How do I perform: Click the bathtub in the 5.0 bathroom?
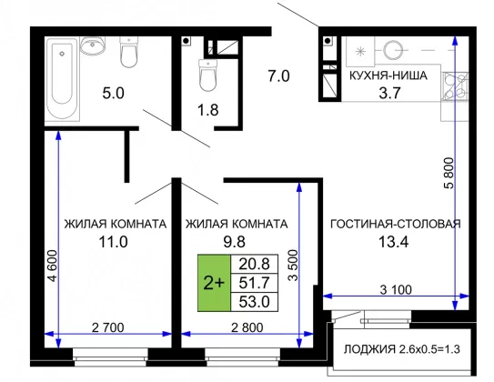(x=63, y=79)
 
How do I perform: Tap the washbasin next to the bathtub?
(x=92, y=45)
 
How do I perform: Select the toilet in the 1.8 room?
(x=208, y=75)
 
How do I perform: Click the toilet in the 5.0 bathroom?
(x=129, y=52)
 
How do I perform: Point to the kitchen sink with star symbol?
(x=360, y=51)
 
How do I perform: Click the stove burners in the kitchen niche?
(x=454, y=86)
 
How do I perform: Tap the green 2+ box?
(x=214, y=283)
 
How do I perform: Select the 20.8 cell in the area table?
(x=254, y=264)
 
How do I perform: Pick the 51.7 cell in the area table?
(x=254, y=283)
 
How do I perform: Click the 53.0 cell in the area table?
(x=254, y=302)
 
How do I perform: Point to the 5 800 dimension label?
(x=449, y=173)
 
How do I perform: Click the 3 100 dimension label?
(x=396, y=289)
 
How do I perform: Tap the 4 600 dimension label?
(x=52, y=266)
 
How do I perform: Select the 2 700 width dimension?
(x=107, y=327)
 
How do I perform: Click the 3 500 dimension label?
(x=293, y=266)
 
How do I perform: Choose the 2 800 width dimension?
(x=247, y=327)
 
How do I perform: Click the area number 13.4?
(x=393, y=242)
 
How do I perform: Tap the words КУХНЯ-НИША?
(x=388, y=75)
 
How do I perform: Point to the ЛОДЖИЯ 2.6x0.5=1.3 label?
(x=402, y=349)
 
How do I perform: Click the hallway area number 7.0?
(x=278, y=75)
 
